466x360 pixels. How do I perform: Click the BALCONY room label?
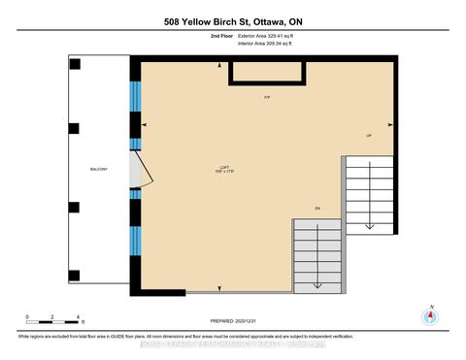click(99, 169)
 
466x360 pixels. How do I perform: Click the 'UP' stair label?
click(369, 135)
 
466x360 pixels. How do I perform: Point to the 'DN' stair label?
click(316, 209)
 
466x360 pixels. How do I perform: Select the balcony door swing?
click(140, 170)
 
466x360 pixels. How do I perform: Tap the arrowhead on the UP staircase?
click(369, 225)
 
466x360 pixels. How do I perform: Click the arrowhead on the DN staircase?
click(317, 282)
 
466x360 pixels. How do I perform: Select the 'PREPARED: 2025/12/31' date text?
click(233, 320)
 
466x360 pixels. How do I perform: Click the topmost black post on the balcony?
click(75, 64)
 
